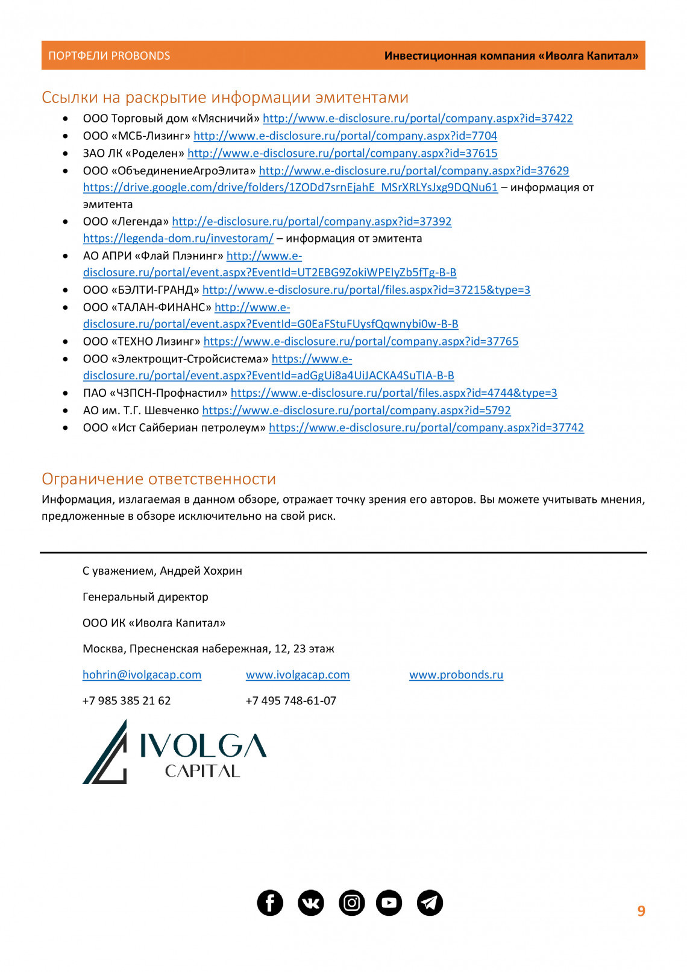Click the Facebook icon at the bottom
pyautogui.click(x=270, y=903)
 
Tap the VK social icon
pyautogui.click(x=311, y=903)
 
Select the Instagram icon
pyautogui.click(x=352, y=903)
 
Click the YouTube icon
pyautogui.click(x=389, y=903)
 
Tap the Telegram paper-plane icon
pyautogui.click(x=430, y=903)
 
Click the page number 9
pyautogui.click(x=641, y=911)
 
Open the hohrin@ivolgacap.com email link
pyautogui.click(x=142, y=675)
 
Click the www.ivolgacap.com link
pyautogui.click(x=298, y=675)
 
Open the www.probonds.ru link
pyautogui.click(x=456, y=675)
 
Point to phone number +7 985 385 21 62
pyautogui.click(x=127, y=701)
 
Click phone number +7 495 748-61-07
pyautogui.click(x=291, y=701)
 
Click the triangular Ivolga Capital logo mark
pyautogui.click(x=106, y=754)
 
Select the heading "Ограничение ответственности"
pyautogui.click(x=158, y=479)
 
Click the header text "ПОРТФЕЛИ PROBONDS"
pyautogui.click(x=109, y=56)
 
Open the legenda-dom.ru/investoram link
pyautogui.click(x=178, y=239)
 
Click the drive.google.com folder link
pyautogui.click(x=290, y=188)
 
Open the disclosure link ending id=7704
pyautogui.click(x=345, y=136)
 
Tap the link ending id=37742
pyautogui.click(x=426, y=428)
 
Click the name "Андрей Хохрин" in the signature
pyautogui.click(x=201, y=571)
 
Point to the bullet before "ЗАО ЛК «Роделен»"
pyautogui.click(x=66, y=154)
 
